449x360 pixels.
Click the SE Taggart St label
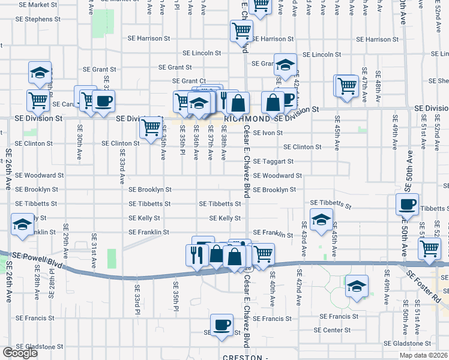273,161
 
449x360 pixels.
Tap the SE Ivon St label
268,133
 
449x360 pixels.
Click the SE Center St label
333,330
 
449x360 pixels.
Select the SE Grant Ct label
188,81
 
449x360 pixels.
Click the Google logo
20,353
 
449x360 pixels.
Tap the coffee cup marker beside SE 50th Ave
407,204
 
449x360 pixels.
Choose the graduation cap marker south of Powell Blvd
357,286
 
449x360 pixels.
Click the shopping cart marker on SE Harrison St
241,31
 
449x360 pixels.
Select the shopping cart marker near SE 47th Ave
347,86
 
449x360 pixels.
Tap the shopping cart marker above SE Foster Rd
430,247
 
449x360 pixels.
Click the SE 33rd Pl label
137,304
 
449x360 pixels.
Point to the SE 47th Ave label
364,83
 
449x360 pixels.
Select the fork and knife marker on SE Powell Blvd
198,254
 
